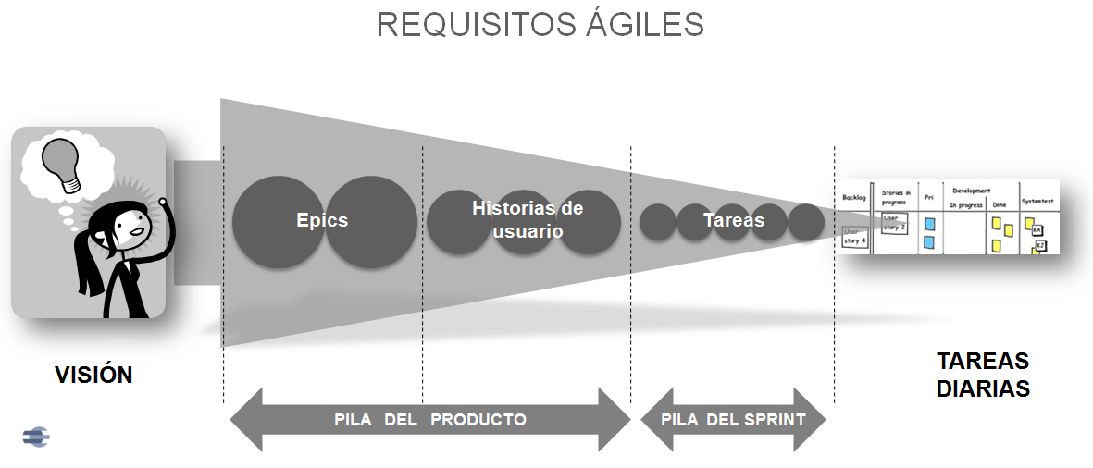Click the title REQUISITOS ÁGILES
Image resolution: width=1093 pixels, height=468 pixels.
tap(540, 25)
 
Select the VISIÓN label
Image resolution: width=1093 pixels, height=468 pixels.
tap(93, 375)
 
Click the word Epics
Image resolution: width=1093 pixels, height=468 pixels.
tap(322, 220)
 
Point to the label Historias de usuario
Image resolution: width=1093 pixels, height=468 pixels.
tap(527, 219)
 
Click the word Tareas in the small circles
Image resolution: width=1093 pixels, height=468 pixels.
tap(733, 220)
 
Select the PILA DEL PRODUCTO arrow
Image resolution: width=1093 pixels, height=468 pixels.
tap(430, 420)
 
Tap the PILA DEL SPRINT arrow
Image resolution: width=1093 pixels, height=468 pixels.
tap(733, 420)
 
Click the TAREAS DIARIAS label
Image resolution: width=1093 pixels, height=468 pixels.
tap(982, 375)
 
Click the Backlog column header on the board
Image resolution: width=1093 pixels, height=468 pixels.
tap(853, 197)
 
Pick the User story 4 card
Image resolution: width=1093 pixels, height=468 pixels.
tap(855, 236)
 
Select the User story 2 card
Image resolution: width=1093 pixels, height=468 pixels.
tap(893, 223)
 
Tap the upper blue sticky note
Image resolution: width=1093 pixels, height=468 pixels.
tap(930, 224)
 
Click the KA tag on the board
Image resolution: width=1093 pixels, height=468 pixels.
tap(1037, 229)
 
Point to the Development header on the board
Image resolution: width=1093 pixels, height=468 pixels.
tap(971, 191)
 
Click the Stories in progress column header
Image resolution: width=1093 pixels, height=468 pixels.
tap(896, 197)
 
